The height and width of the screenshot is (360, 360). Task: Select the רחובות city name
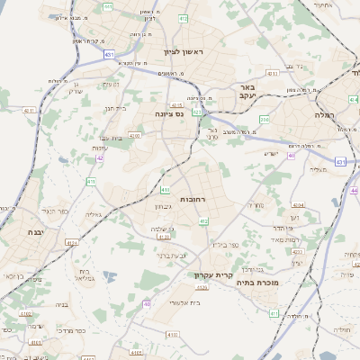coord(195,198)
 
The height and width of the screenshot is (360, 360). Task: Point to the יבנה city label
coord(25,231)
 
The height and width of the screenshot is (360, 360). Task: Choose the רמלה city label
coord(324,115)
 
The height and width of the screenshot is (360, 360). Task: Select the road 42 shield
coord(100,157)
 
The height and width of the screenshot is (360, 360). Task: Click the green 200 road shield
coord(265,119)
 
